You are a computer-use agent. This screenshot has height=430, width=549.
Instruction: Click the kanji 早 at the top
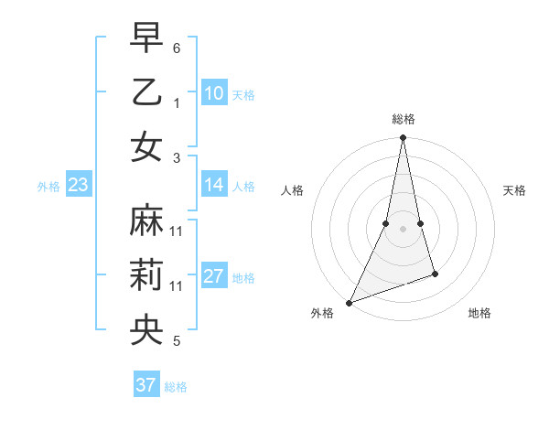point(146,38)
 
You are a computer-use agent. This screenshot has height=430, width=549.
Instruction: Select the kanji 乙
point(146,91)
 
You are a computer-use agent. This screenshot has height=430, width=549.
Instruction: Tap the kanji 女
point(146,146)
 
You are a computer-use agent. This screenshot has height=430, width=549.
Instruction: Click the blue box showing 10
point(214,93)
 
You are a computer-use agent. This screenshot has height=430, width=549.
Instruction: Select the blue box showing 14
point(214,185)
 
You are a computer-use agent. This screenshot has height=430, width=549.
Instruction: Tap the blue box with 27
point(214,277)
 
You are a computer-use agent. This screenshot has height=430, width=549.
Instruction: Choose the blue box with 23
point(78,185)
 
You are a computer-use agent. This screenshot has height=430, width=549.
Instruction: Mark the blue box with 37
point(146,385)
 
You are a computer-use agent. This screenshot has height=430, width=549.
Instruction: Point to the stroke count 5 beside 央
point(177,342)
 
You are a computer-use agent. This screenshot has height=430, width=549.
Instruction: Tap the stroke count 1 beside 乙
point(177,102)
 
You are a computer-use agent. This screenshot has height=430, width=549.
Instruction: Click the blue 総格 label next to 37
point(176,387)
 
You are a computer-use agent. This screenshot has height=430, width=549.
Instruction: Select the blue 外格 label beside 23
point(48,187)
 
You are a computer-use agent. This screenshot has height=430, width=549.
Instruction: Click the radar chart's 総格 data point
point(403,138)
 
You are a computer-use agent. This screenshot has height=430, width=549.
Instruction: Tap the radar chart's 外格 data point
point(350,302)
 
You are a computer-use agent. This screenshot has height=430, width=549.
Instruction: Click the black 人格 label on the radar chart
point(293,190)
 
